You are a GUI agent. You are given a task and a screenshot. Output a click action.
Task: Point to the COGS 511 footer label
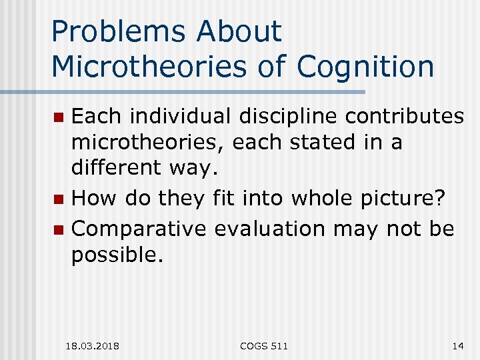(x=265, y=345)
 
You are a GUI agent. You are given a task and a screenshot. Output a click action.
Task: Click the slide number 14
(x=457, y=345)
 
